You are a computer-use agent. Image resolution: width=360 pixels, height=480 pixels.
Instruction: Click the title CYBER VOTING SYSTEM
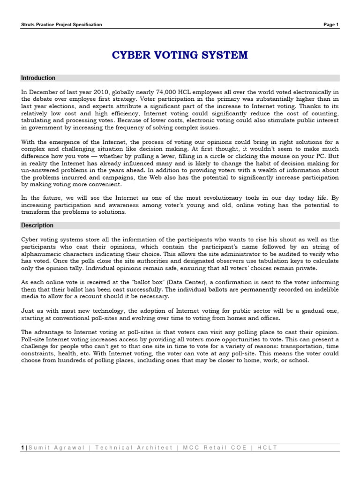(180, 55)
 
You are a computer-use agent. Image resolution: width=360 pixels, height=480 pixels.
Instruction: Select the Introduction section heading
(38, 78)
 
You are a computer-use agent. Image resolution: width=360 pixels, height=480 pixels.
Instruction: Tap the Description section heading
(37, 225)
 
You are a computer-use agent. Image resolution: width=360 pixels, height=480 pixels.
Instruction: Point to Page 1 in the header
(331, 25)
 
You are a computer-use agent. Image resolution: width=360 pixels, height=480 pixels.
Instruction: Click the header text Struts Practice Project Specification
(61, 25)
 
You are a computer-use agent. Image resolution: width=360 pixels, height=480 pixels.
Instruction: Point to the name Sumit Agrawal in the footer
(57, 448)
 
